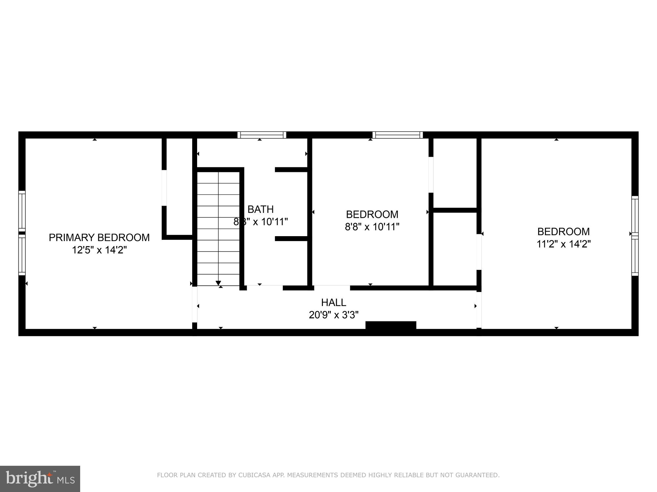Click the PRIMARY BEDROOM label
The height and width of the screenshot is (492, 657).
click(x=99, y=237)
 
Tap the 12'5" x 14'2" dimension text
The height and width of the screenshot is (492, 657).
click(x=99, y=250)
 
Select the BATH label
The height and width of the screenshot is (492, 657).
click(x=261, y=209)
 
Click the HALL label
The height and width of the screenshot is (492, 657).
click(x=333, y=302)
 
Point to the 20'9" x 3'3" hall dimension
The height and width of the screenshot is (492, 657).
click(x=333, y=315)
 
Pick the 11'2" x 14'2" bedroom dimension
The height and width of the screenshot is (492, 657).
click(x=564, y=244)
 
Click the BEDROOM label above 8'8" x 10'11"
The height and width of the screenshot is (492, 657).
click(x=372, y=215)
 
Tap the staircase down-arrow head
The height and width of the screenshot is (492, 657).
click(x=218, y=283)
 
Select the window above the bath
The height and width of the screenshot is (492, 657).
click(x=262, y=135)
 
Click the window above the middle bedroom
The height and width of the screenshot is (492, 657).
click(x=397, y=135)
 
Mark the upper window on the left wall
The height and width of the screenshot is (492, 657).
click(x=22, y=211)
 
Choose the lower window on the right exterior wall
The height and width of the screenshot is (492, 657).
click(x=635, y=256)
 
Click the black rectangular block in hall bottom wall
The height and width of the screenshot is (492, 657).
click(x=391, y=325)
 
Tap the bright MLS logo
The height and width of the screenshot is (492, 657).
click(x=40, y=479)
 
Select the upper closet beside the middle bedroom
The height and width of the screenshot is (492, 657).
click(x=455, y=173)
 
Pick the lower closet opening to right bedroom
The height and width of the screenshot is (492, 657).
click(x=455, y=249)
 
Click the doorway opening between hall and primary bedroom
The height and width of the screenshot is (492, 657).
click(x=194, y=304)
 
